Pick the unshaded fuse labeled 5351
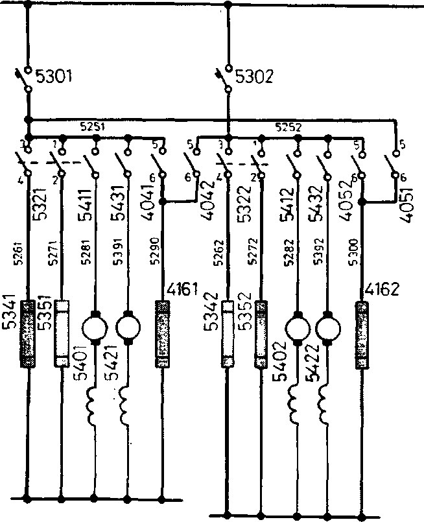(x=62, y=332)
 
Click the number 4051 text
(x=408, y=207)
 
